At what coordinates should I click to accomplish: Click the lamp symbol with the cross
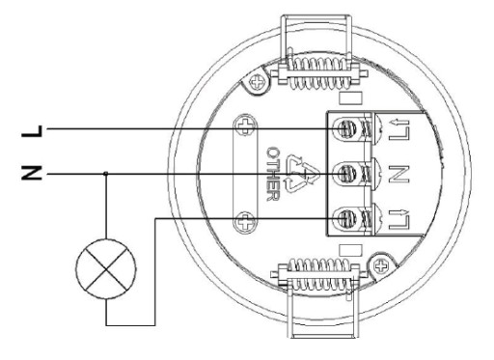click(106, 269)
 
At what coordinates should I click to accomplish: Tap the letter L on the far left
click(32, 131)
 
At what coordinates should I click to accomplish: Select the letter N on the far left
click(32, 173)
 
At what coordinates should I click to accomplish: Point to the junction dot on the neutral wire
click(106, 174)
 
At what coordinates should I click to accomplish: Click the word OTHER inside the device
click(273, 174)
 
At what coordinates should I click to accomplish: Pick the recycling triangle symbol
click(302, 174)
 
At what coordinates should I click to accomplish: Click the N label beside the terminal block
click(398, 174)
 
